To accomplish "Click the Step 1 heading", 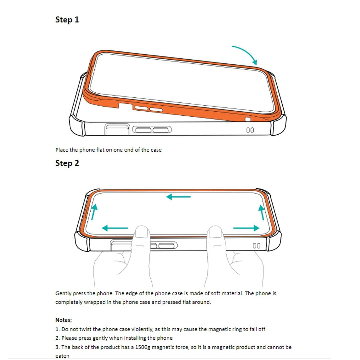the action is pos(67,20).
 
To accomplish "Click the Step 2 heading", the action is pos(67,163).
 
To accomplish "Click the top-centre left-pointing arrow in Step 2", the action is pos(178,197).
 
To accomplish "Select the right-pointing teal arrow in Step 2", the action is pos(246,228).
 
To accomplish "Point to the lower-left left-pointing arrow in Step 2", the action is pos(115,228).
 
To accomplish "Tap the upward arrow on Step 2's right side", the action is pos(262,212).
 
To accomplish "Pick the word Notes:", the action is pos(64,320).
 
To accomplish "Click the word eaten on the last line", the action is pos(62,356).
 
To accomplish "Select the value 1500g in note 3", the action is pos(143,347).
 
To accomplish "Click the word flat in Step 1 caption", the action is pos(100,150).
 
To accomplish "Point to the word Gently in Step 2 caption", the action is pos(63,293).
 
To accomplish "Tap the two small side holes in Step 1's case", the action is pos(250,130).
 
